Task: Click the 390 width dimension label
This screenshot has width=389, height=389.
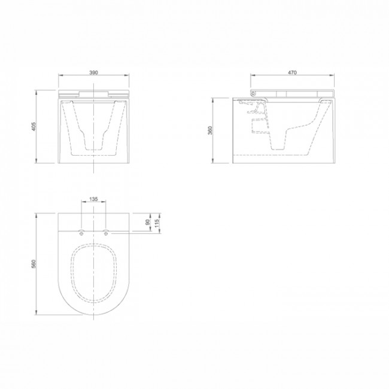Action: click(93, 72)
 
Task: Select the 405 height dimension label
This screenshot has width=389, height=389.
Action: click(34, 126)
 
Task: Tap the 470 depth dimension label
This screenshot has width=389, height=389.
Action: click(292, 72)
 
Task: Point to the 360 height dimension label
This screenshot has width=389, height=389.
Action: click(210, 130)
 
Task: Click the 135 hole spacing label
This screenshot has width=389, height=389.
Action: click(93, 199)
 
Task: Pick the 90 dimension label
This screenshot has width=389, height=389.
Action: click(148, 222)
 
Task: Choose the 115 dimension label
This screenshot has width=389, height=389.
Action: click(157, 223)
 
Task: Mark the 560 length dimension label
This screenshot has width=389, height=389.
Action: click(34, 264)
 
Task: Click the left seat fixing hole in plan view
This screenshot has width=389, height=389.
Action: click(81, 233)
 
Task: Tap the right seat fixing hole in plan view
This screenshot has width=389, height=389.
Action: click(106, 233)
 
